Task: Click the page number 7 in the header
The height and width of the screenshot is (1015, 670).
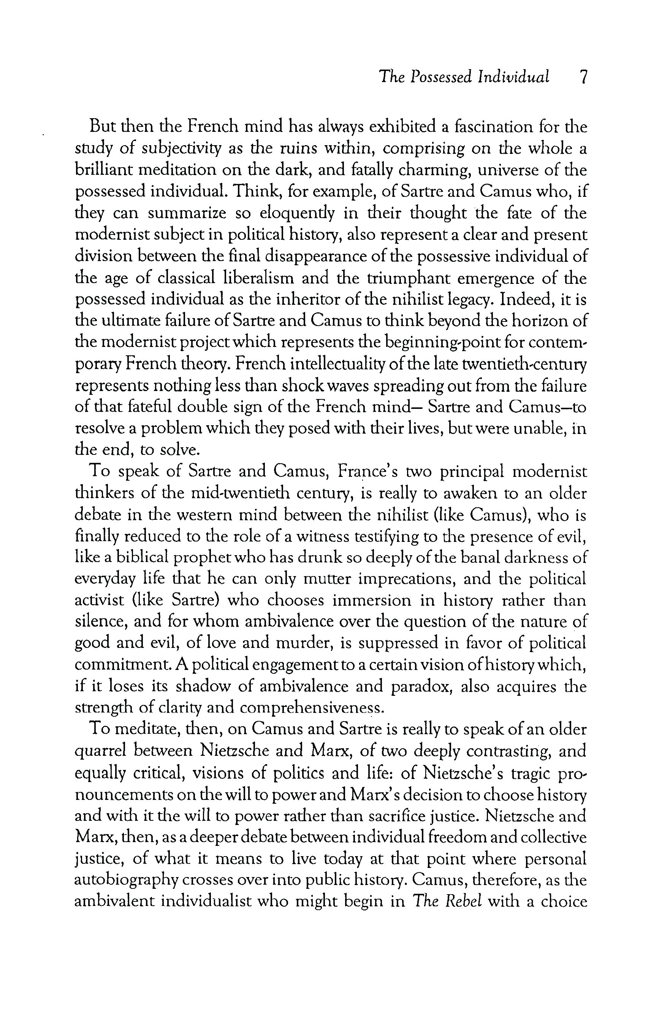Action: (x=583, y=77)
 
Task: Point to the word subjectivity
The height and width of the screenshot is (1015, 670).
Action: (x=182, y=149)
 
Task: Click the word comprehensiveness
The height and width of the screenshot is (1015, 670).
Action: (x=312, y=708)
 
